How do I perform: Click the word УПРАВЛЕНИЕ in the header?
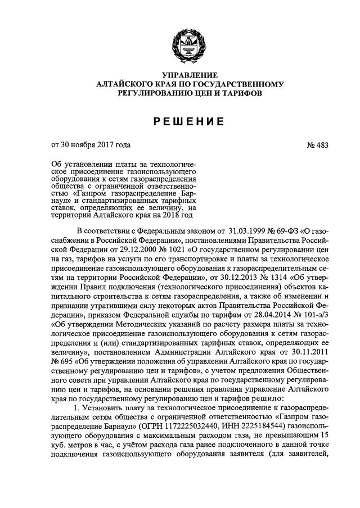pyautogui.click(x=180, y=75)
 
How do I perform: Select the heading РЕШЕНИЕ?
pyautogui.click(x=180, y=121)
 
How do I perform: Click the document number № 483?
pyautogui.click(x=317, y=146)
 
